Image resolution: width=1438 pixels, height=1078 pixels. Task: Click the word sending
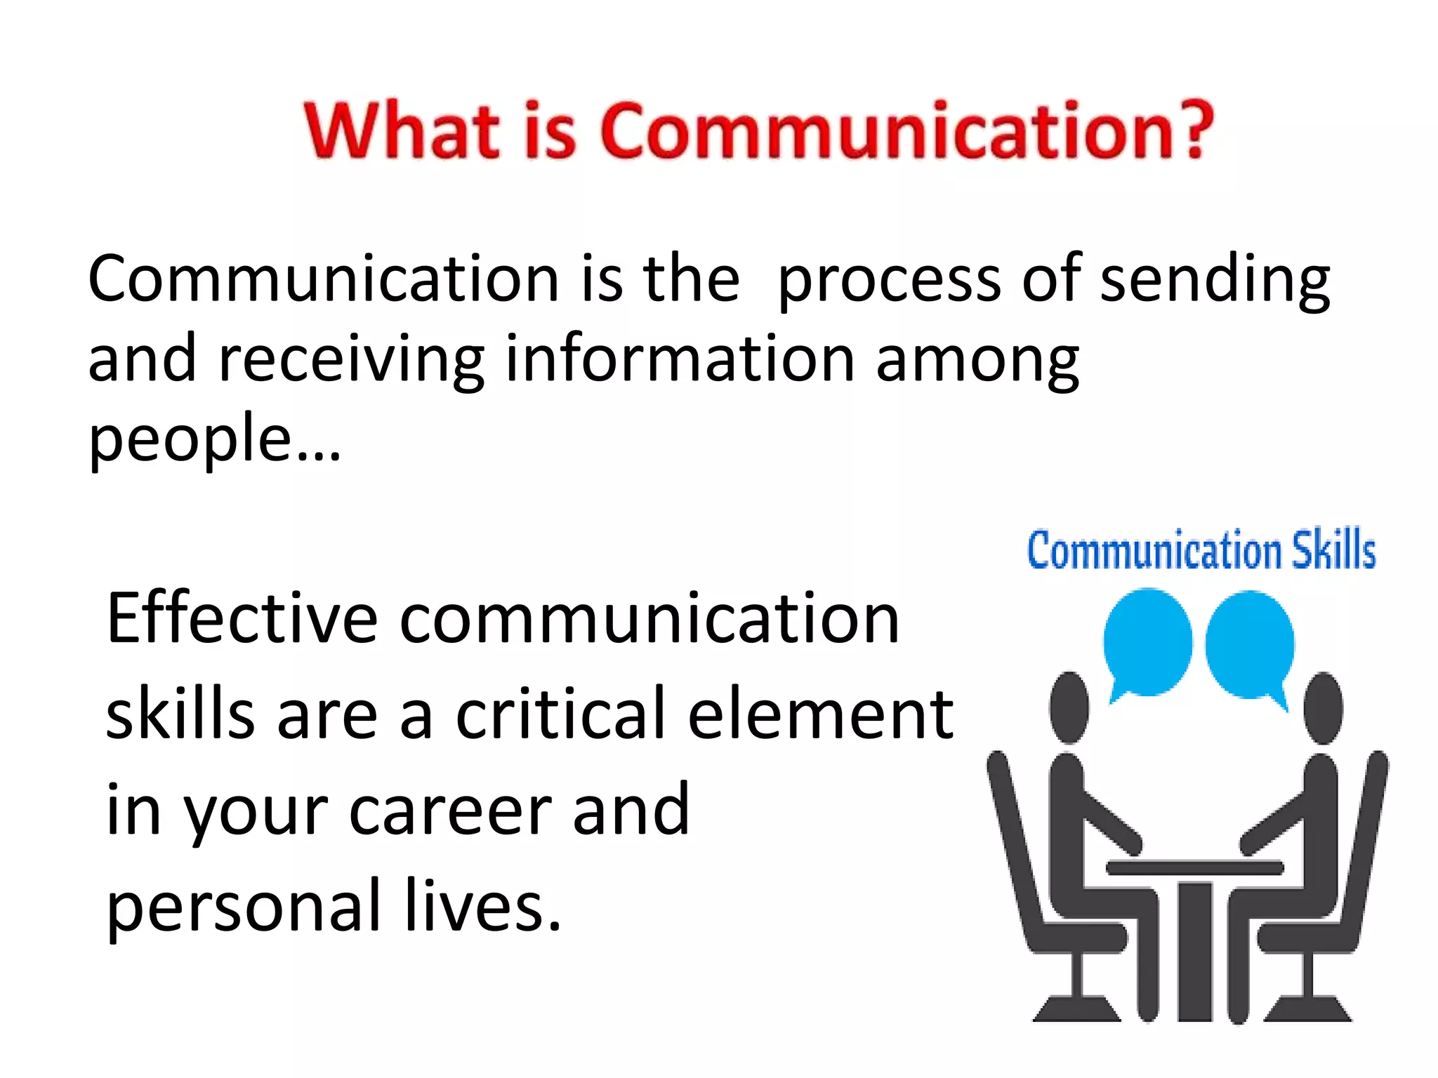coord(1215,281)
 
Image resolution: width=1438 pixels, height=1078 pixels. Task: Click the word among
coord(977,361)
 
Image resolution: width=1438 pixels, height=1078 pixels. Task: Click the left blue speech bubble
coord(1147,642)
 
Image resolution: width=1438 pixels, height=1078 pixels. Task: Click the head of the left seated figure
coord(1069,707)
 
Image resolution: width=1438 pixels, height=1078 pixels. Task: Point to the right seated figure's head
coord(1323,707)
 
